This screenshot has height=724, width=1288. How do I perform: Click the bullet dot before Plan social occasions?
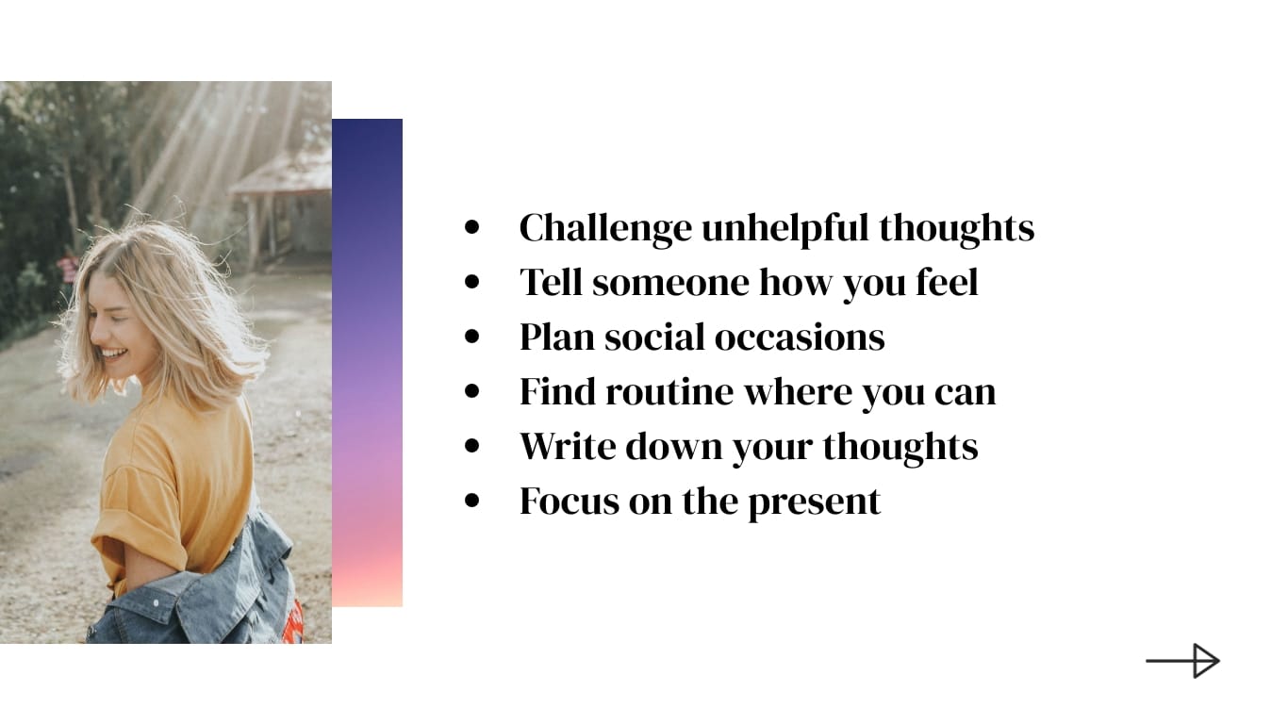pos(472,337)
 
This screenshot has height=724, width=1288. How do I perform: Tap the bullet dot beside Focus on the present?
pos(472,502)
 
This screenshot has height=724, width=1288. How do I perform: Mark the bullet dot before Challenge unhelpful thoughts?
pos(472,228)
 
